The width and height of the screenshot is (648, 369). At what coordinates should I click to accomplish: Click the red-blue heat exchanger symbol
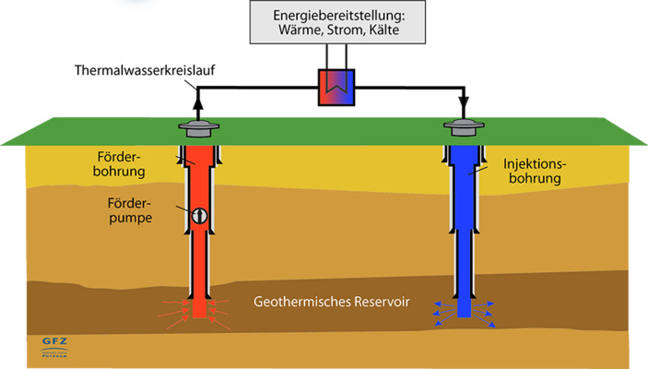click(337, 89)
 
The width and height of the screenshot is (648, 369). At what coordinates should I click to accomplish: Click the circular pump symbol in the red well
click(200, 216)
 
